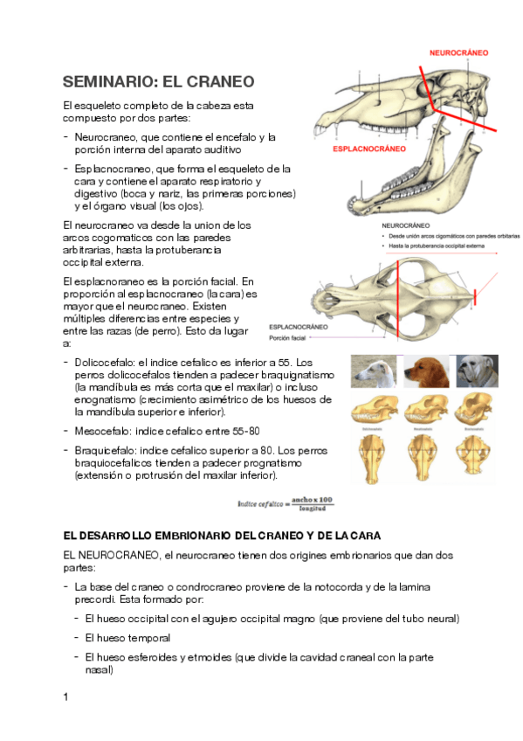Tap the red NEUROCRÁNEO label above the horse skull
point(458,53)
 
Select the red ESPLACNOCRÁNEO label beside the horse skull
point(369,149)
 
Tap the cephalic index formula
point(286,503)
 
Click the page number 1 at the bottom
point(65,697)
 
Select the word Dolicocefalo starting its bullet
point(105,362)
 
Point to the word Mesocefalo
point(104,431)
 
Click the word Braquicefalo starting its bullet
point(106,449)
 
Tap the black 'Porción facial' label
point(292,337)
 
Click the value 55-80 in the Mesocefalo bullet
point(243,431)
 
